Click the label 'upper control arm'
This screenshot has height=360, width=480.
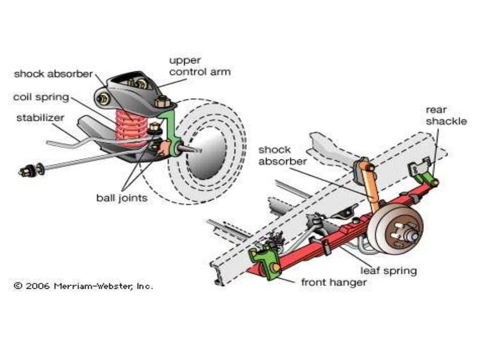(200, 67)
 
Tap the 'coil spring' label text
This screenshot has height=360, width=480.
(41, 97)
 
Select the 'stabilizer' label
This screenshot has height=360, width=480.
(40, 117)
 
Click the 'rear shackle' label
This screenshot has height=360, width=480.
(446, 115)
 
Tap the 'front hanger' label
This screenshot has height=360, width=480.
(334, 282)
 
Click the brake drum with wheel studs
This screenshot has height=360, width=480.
(395, 233)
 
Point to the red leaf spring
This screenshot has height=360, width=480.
(328, 239)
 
